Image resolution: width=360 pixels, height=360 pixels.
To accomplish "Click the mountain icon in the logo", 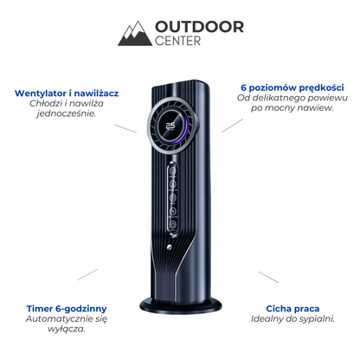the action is click(135, 34).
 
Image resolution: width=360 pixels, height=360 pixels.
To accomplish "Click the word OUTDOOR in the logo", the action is click(199, 27).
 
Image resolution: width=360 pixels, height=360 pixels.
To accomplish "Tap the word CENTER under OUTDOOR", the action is click(177, 41).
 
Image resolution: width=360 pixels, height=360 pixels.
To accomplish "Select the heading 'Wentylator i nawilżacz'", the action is click(67, 93).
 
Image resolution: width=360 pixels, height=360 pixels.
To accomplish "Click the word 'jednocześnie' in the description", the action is click(66, 113).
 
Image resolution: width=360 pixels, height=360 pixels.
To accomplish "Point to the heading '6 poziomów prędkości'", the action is click(292, 88).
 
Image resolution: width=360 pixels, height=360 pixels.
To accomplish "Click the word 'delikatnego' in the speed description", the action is click(277, 99).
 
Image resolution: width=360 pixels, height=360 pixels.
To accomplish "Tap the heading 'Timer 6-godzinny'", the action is click(67, 309).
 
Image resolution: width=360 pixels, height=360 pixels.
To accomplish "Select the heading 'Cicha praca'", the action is click(292, 309).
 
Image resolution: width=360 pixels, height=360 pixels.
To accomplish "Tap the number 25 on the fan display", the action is click(170, 125).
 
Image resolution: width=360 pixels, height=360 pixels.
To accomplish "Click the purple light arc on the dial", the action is click(184, 128).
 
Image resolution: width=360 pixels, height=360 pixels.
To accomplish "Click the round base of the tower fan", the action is click(181, 306).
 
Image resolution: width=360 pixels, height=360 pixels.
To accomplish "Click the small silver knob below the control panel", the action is click(170, 247).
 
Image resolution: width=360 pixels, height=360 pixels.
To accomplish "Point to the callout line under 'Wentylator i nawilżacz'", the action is click(125, 129).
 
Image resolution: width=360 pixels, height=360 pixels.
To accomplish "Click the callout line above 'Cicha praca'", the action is click(268, 277).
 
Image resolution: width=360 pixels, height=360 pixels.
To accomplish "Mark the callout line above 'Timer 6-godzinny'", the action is click(87, 274).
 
